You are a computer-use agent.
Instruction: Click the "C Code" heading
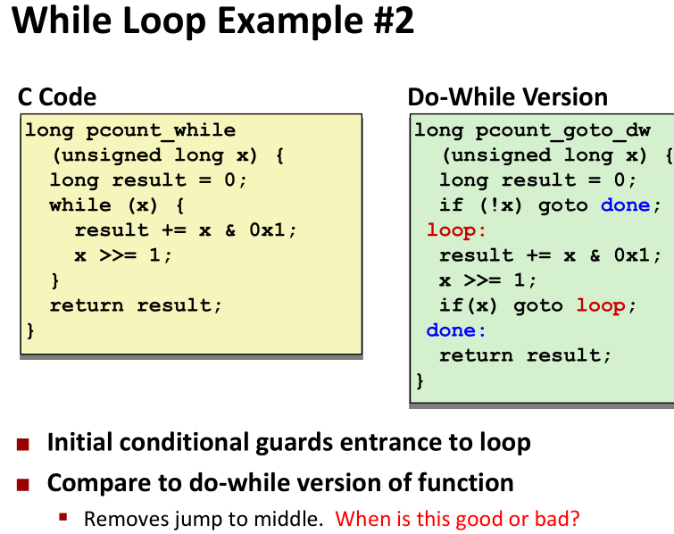pyautogui.click(x=57, y=97)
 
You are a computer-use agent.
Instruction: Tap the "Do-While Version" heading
pyautogui.click(x=508, y=97)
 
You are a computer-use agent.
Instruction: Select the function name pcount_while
pyautogui.click(x=161, y=130)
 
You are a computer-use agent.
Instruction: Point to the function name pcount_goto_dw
pyautogui.click(x=563, y=130)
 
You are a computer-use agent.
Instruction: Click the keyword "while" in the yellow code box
pyautogui.click(x=80, y=205)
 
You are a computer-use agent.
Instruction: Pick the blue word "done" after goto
pyautogui.click(x=626, y=205)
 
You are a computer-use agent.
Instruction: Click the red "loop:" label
pyautogui.click(x=456, y=230)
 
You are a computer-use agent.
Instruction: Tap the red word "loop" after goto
pyautogui.click(x=601, y=305)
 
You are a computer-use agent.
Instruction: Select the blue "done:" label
pyautogui.click(x=456, y=330)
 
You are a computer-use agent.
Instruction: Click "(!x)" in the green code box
pyautogui.click(x=501, y=205)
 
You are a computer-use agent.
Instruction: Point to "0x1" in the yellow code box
pyautogui.click(x=267, y=230)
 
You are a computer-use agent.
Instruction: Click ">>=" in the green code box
pyautogui.click(x=482, y=280)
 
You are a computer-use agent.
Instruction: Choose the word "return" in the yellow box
pyautogui.click(x=87, y=305)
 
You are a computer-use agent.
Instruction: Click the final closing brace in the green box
pyautogui.click(x=420, y=381)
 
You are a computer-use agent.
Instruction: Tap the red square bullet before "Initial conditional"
pyautogui.click(x=23, y=444)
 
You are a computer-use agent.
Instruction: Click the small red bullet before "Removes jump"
pyautogui.click(x=63, y=517)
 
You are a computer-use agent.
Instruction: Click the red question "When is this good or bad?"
pyautogui.click(x=457, y=519)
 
